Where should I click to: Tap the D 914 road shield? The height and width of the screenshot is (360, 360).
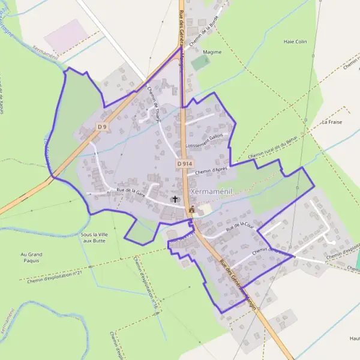pos(184,163)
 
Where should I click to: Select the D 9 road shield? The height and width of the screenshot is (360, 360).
pos(102,127)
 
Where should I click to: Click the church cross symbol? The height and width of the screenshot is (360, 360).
pos(176,199)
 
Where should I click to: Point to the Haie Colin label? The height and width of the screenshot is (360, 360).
pos(295,42)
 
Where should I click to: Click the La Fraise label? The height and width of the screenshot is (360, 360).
pos(331,122)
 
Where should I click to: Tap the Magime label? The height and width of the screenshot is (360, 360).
pos(212,52)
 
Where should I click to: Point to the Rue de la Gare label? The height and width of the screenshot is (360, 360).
pos(131,192)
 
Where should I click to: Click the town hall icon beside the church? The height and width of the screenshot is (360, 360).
pos(191,210)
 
